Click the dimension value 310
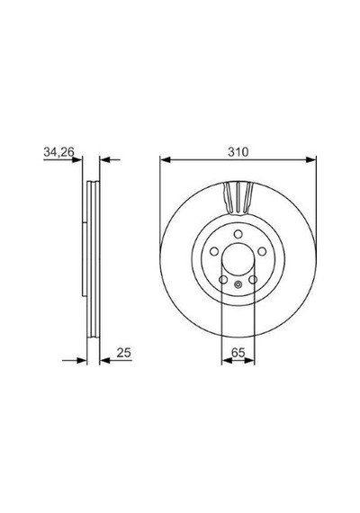click(x=238, y=152)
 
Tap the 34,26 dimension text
click(x=58, y=152)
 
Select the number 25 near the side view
click(x=123, y=353)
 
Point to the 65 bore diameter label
click(x=238, y=353)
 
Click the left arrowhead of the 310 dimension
click(x=166, y=159)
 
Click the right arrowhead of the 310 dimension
click(x=310, y=159)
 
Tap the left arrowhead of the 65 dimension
click(x=227, y=361)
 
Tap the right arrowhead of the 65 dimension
click(x=249, y=361)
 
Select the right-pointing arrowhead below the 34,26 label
click(x=76, y=159)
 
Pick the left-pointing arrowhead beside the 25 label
click(x=104, y=361)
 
